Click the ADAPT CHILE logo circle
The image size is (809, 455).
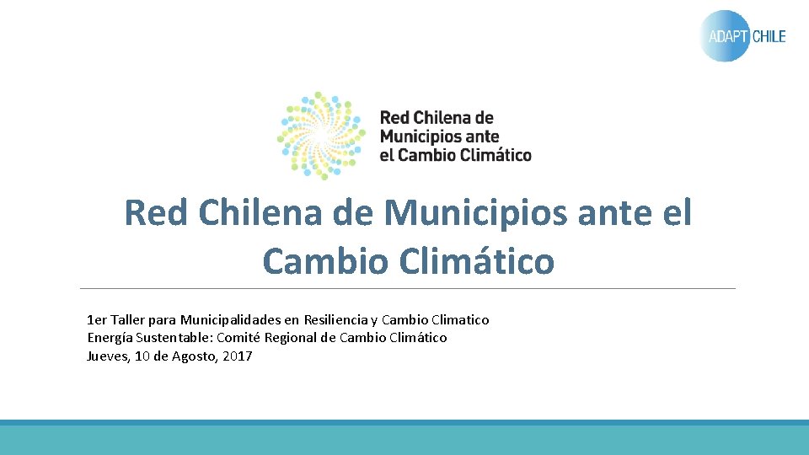[x=725, y=36]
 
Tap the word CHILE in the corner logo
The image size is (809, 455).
[x=769, y=36]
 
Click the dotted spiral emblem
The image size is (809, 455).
[x=321, y=136]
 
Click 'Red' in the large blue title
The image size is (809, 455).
[x=157, y=213]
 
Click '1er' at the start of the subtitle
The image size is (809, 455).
[x=97, y=320]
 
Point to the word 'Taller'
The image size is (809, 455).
[x=128, y=320]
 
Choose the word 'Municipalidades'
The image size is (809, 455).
[x=230, y=320]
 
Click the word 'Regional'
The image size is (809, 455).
[x=292, y=338]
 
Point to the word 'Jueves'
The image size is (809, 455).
[x=108, y=356]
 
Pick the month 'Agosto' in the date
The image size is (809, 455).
[x=195, y=356]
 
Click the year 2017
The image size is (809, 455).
[x=238, y=356]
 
